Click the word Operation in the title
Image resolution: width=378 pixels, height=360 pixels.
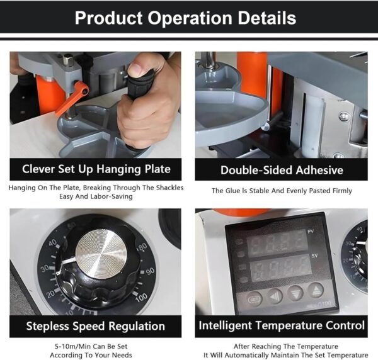click(190, 18)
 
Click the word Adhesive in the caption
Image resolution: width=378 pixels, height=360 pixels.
click(319, 170)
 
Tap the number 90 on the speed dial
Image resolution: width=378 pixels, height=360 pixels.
click(150, 271)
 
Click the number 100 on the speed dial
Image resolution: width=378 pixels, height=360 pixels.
click(142, 298)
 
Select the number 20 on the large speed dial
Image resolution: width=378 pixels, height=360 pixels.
click(50, 295)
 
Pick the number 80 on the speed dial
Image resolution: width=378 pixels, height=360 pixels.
click(142, 246)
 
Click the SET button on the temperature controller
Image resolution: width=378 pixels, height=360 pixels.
click(255, 300)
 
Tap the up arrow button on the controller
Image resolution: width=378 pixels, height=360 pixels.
click(316, 290)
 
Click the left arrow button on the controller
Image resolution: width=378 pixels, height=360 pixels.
click(275, 296)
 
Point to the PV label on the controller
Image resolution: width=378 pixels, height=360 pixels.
click(311, 232)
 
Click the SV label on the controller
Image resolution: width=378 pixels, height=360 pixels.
click(314, 256)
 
